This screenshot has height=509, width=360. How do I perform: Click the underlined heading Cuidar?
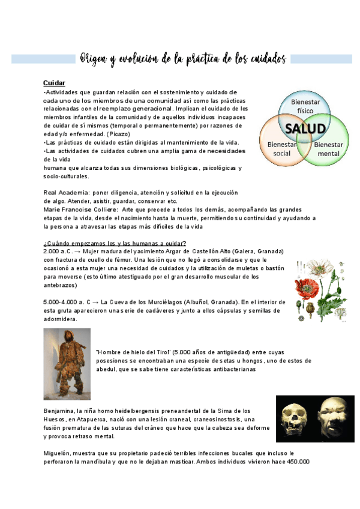coord(54,82)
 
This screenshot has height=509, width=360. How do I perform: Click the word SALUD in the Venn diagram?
coord(305,128)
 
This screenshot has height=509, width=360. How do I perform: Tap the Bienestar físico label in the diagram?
coord(305,106)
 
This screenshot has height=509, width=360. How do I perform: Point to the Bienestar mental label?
coord(328,149)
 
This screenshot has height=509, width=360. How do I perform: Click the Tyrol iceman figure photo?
coord(67,364)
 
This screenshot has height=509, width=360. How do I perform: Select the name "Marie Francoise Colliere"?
coord(80,209)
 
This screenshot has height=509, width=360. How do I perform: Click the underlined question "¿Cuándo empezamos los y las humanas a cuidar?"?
coord(115,242)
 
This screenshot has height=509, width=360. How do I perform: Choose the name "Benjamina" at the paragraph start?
coord(61,411)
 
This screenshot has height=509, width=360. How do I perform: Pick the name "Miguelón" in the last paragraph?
coord(58,453)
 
